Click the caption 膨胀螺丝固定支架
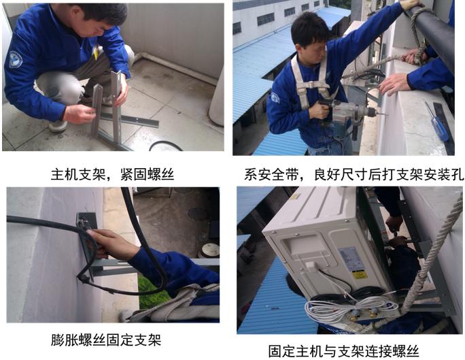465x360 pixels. [x=106, y=340]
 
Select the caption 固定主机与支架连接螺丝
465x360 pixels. [x=344, y=351]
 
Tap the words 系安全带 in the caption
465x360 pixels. [x=273, y=174]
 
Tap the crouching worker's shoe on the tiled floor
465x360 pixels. [x=58, y=125]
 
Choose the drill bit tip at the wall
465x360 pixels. [x=385, y=114]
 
